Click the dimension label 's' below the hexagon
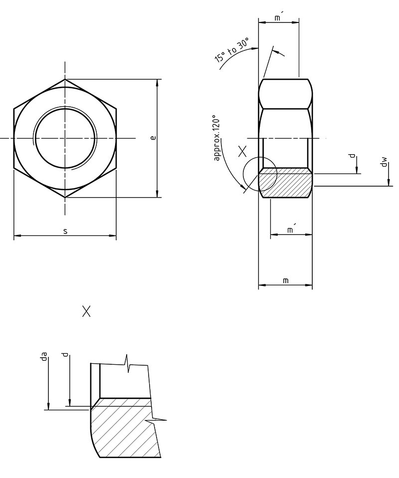pos(65,231)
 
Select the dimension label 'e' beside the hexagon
pos(153,138)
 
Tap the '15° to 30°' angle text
pos(231,49)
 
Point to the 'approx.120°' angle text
pos(216,139)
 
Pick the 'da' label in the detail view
pos(44,356)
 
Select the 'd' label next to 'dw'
pos(353,156)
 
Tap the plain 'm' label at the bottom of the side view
pos(285,281)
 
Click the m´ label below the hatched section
pos(291,230)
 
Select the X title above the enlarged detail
pos(86,312)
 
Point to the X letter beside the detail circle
pos(242,151)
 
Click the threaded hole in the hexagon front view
pos(65,138)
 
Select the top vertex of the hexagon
pos(65,79)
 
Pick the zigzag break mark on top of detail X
pos(129,363)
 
